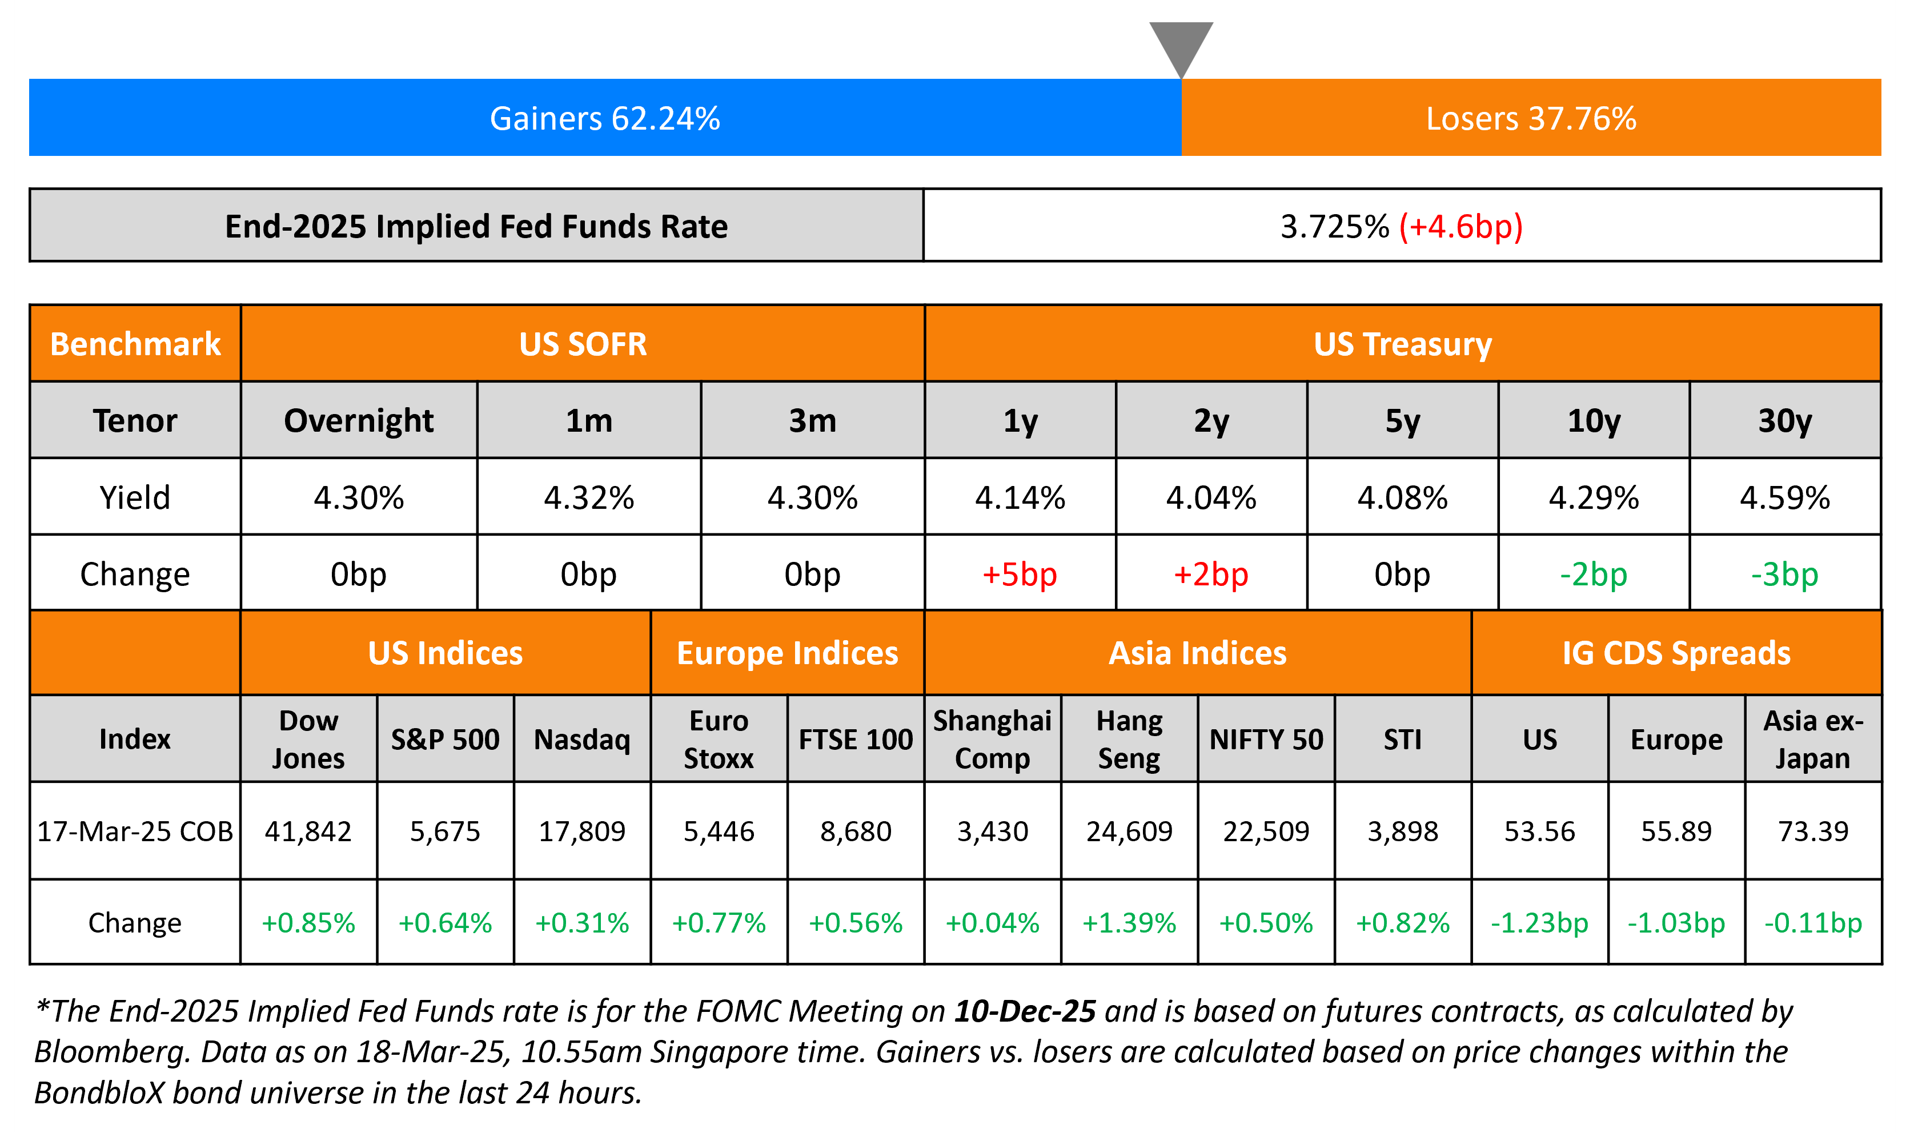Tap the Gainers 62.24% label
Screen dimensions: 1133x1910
(x=605, y=118)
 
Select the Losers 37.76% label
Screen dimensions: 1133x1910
(x=1531, y=118)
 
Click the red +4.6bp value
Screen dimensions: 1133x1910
(x=1460, y=227)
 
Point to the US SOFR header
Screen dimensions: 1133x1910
(x=583, y=344)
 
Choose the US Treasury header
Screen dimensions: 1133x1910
(x=1402, y=344)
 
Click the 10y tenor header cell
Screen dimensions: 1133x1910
(x=1593, y=421)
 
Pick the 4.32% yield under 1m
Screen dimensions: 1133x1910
(x=588, y=498)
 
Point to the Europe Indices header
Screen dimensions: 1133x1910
(x=787, y=653)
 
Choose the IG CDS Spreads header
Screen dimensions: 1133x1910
(x=1676, y=653)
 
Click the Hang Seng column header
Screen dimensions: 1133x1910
(x=1129, y=739)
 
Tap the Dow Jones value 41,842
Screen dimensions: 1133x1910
(x=308, y=831)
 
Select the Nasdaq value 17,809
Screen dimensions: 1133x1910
(x=581, y=831)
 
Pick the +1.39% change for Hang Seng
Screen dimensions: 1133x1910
(x=1129, y=923)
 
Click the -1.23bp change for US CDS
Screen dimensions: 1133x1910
(x=1539, y=923)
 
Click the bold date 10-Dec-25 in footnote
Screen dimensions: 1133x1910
(x=1025, y=1011)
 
